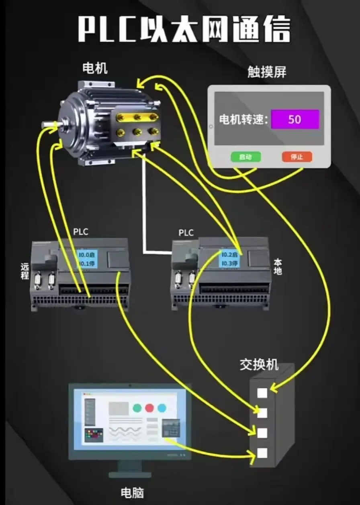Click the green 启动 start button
coord(245,157)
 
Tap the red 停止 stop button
coord(297,157)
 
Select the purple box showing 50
coord(295,119)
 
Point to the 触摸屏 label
coord(267,72)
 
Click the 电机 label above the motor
coord(95,68)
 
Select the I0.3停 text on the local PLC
coord(229,263)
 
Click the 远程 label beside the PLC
coord(25,271)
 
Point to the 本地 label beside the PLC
coord(278,267)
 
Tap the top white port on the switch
coord(262,393)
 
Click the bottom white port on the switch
coord(262,453)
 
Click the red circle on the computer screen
coord(149,408)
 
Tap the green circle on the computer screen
coord(137,408)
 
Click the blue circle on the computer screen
coord(162,408)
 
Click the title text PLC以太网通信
coord(184,29)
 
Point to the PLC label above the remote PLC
coord(81,232)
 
